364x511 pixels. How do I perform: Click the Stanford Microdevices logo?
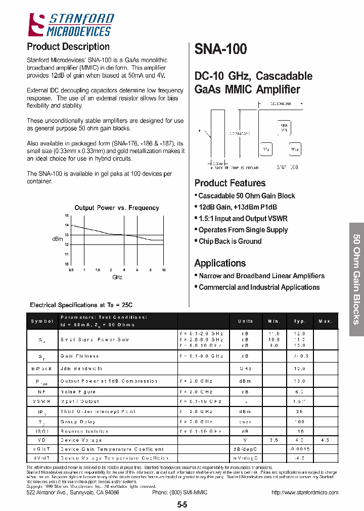[71, 25]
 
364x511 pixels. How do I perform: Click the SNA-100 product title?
[220, 49]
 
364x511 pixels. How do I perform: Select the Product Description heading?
[68, 47]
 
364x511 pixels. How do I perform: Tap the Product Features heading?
[230, 183]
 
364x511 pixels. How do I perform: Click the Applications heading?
[220, 263]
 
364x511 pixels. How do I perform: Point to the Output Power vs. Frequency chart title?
[117, 208]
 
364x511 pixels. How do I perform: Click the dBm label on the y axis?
[57, 239]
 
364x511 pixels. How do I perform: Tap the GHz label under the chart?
[117, 277]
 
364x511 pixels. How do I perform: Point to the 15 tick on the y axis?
[66, 216]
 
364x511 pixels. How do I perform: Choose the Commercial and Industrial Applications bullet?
[259, 287]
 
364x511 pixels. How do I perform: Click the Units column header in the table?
[245, 321]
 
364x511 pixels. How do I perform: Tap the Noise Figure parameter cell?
[78, 391]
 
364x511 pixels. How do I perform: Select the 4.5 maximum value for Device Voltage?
[326, 440]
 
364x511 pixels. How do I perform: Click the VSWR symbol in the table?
[42, 401]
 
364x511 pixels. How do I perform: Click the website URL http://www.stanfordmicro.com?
[305, 492]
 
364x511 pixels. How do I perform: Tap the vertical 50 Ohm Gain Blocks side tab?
[356, 279]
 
